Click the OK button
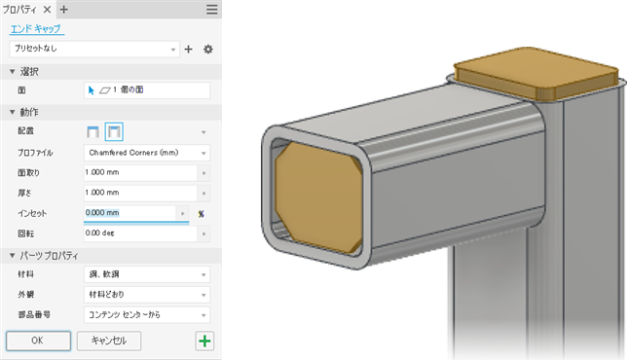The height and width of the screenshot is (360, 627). pyautogui.click(x=38, y=341)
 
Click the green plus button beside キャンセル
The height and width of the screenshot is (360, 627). pyautogui.click(x=204, y=342)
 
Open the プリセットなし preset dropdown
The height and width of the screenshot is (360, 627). pyautogui.click(x=94, y=50)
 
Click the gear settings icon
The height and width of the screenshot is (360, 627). pyautogui.click(x=208, y=50)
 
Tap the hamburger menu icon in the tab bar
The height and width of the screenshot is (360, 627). pyautogui.click(x=212, y=9)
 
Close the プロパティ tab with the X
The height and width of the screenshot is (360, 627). pyautogui.click(x=47, y=9)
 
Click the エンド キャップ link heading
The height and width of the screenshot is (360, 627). pyautogui.click(x=36, y=29)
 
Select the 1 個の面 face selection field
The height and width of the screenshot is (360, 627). pyautogui.click(x=147, y=90)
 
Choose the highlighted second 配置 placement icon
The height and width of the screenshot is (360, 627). pyautogui.click(x=114, y=132)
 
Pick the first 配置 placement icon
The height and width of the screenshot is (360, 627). pyautogui.click(x=92, y=132)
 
